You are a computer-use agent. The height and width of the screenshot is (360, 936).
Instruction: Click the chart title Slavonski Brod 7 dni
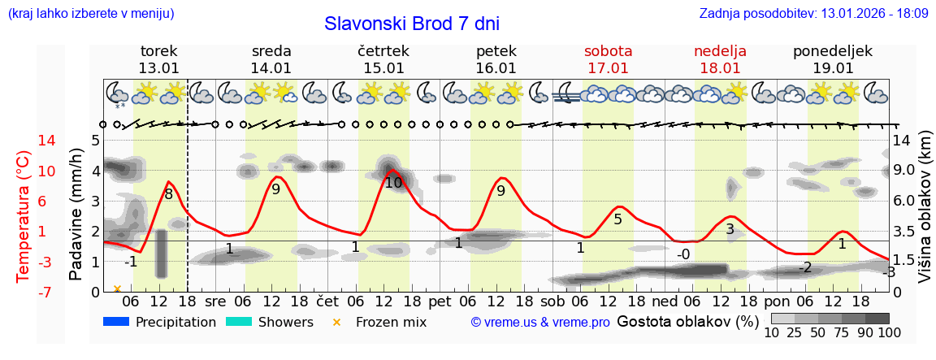click(x=412, y=24)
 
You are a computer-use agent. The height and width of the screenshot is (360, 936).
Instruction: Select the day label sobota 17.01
click(x=608, y=59)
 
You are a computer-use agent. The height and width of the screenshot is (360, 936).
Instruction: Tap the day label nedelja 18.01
click(x=720, y=59)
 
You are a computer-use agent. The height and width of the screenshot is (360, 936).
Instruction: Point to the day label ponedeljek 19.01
click(x=833, y=59)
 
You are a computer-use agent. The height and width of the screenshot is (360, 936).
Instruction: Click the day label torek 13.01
click(x=158, y=59)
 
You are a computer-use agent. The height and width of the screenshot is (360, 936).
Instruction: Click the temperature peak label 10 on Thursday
click(x=393, y=183)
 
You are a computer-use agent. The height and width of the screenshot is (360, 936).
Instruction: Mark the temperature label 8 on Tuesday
click(x=168, y=194)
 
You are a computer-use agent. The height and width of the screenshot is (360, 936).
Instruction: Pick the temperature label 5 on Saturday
click(x=617, y=219)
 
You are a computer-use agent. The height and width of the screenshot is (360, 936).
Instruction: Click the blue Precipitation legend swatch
click(x=117, y=322)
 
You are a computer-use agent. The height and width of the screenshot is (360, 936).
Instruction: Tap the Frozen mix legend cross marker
click(x=338, y=323)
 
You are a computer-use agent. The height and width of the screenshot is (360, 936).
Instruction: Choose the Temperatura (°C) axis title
click(x=24, y=215)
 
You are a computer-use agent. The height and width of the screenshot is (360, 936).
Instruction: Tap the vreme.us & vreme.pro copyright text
click(x=540, y=323)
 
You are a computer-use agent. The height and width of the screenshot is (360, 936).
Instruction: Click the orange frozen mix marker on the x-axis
click(x=118, y=288)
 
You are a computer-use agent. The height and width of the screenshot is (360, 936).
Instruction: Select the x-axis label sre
click(x=215, y=301)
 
